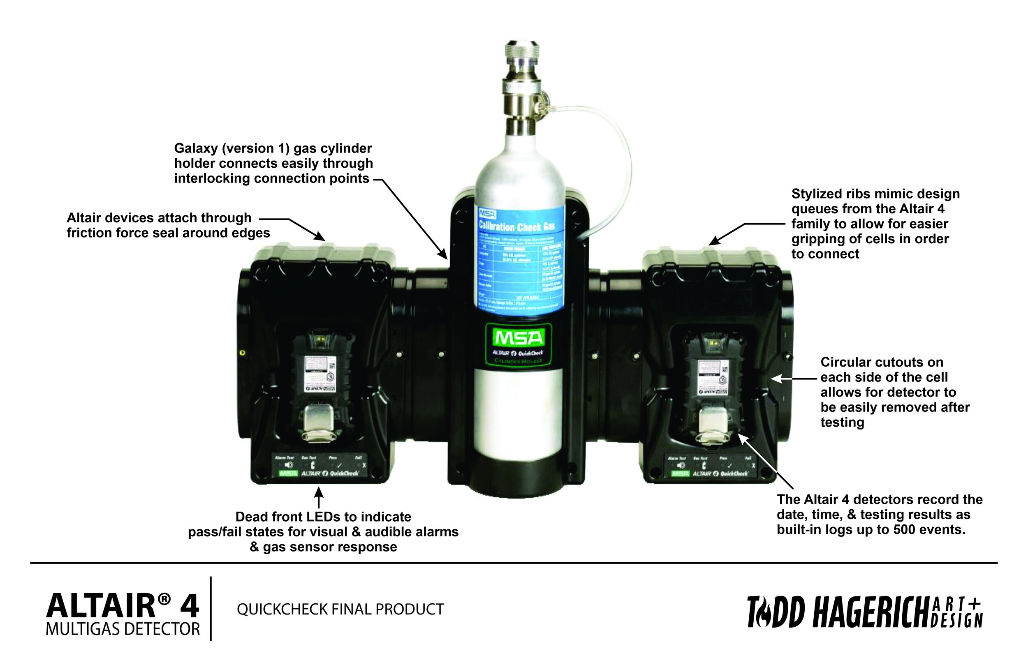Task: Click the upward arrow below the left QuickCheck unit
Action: pyautogui.click(x=319, y=498)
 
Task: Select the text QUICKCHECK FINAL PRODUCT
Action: pyautogui.click(x=340, y=609)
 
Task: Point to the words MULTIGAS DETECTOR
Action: pyautogui.click(x=123, y=629)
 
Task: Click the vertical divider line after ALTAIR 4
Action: pyautogui.click(x=211, y=608)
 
